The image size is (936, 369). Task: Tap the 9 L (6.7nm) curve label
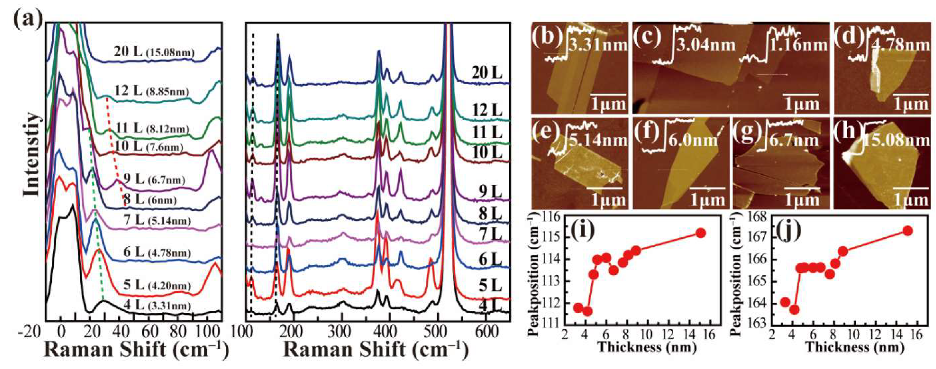pyautogui.click(x=154, y=179)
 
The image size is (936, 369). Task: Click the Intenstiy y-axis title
pyautogui.click(x=32, y=155)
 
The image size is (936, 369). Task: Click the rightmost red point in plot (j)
pyautogui.click(x=907, y=231)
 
